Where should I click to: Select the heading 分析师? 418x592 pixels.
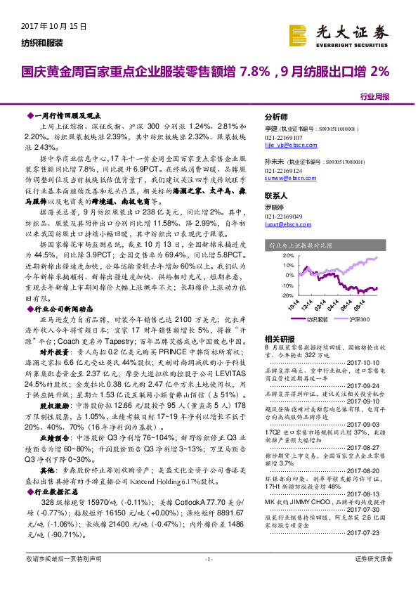pos(276,117)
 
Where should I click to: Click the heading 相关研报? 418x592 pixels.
pos(278,338)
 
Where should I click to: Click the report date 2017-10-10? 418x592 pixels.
pos(364,363)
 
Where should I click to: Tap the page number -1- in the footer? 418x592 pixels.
pos(208,578)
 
